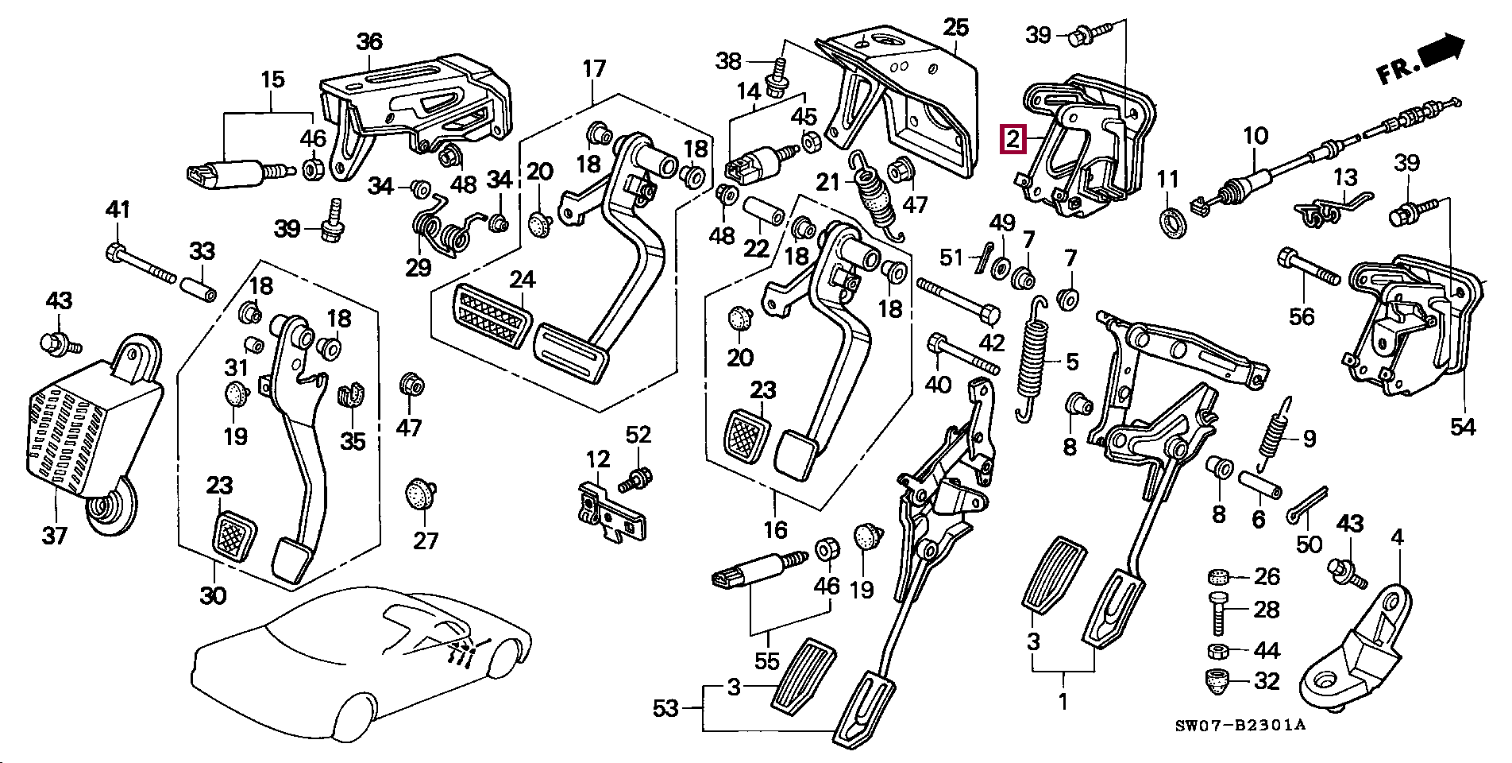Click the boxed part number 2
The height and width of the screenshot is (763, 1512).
point(1013,141)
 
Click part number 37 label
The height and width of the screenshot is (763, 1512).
point(54,535)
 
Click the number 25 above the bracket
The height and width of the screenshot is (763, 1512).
point(956,28)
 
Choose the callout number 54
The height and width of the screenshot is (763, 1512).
point(1462,427)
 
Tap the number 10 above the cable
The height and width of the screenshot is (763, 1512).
point(1255,137)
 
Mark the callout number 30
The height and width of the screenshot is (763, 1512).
point(213,595)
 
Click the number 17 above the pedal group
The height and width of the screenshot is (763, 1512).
point(594,68)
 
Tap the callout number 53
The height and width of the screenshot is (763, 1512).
point(665,707)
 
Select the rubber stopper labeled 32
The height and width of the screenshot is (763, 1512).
point(1219,681)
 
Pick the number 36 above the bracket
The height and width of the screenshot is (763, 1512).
point(369,42)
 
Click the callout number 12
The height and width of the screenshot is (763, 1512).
point(598,459)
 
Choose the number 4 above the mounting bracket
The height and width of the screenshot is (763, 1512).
point(1397,538)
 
